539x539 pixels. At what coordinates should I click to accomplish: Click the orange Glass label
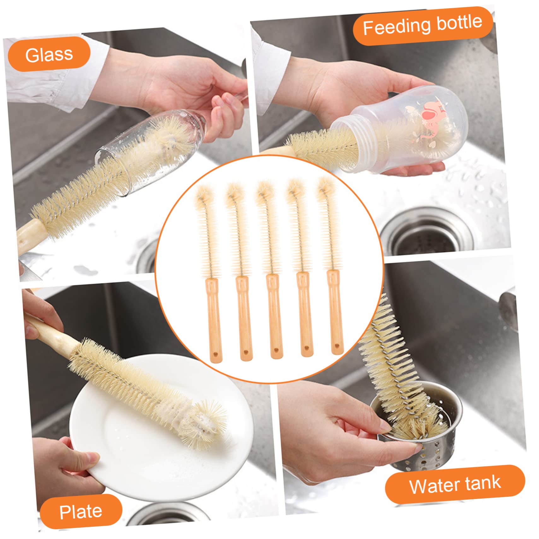pos(49,54)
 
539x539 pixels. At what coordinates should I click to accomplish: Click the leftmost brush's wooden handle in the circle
pos(214,319)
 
